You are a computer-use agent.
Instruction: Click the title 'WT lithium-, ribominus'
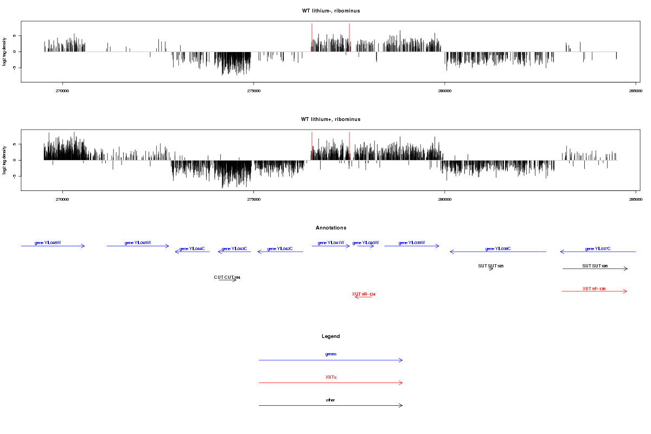point(331,11)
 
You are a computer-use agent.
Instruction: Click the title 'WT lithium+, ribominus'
point(331,119)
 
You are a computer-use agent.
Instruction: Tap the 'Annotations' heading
point(331,228)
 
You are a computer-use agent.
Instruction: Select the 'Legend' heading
point(331,336)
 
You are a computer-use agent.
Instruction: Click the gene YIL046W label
point(48,242)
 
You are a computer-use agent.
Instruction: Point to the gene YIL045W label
point(138,242)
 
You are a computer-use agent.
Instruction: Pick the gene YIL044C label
point(192,248)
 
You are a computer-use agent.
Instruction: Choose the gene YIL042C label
point(280,248)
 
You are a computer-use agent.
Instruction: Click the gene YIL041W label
point(331,242)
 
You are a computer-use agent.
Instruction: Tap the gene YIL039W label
point(412,242)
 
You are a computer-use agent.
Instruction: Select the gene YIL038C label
point(498,248)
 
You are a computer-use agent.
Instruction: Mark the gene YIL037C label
point(598,248)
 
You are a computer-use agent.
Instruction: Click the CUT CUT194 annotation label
point(227,277)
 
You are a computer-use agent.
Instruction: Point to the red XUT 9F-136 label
point(594,289)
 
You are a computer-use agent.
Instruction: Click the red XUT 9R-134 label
point(363,294)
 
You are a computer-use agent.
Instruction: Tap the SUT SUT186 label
point(595,266)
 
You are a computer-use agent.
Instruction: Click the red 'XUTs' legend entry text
point(331,376)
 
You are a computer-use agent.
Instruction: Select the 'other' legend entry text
point(331,400)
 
